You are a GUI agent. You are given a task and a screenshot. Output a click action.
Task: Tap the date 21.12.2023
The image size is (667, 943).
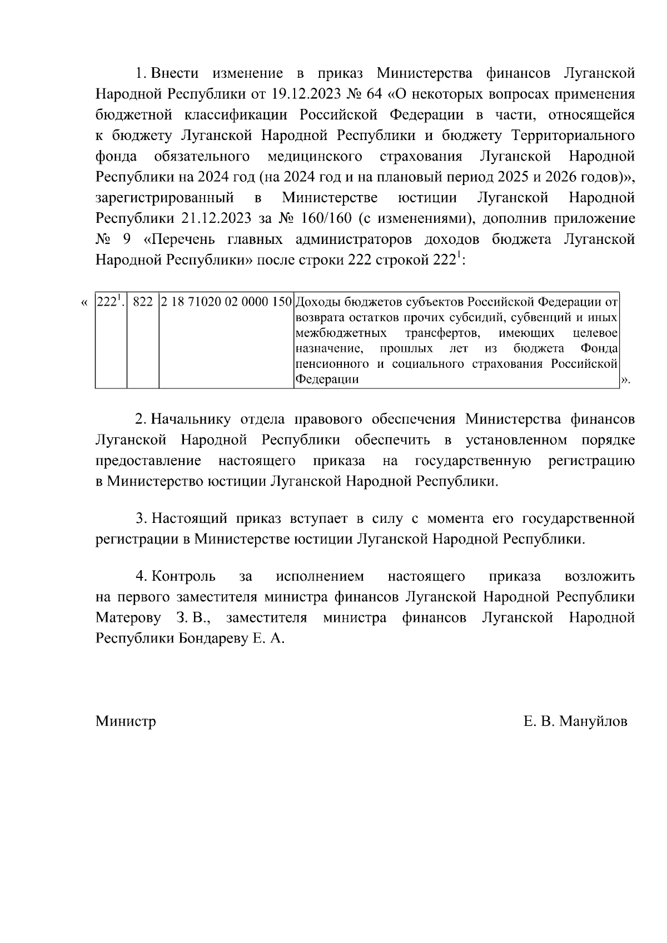point(216,218)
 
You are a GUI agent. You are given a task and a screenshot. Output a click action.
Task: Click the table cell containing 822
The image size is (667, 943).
point(143,302)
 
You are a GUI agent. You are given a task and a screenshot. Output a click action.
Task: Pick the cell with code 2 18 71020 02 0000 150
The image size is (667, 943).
point(226,302)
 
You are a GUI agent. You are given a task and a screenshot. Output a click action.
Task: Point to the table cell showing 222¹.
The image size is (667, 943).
point(110,302)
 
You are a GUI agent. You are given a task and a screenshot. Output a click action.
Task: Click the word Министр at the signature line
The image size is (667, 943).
point(126,721)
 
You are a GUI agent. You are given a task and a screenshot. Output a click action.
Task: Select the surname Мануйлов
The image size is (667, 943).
point(593,721)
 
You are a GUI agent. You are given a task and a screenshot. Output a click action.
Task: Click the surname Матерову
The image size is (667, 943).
point(128,617)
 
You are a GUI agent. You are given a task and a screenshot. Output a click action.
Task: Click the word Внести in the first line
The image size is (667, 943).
point(175,73)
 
